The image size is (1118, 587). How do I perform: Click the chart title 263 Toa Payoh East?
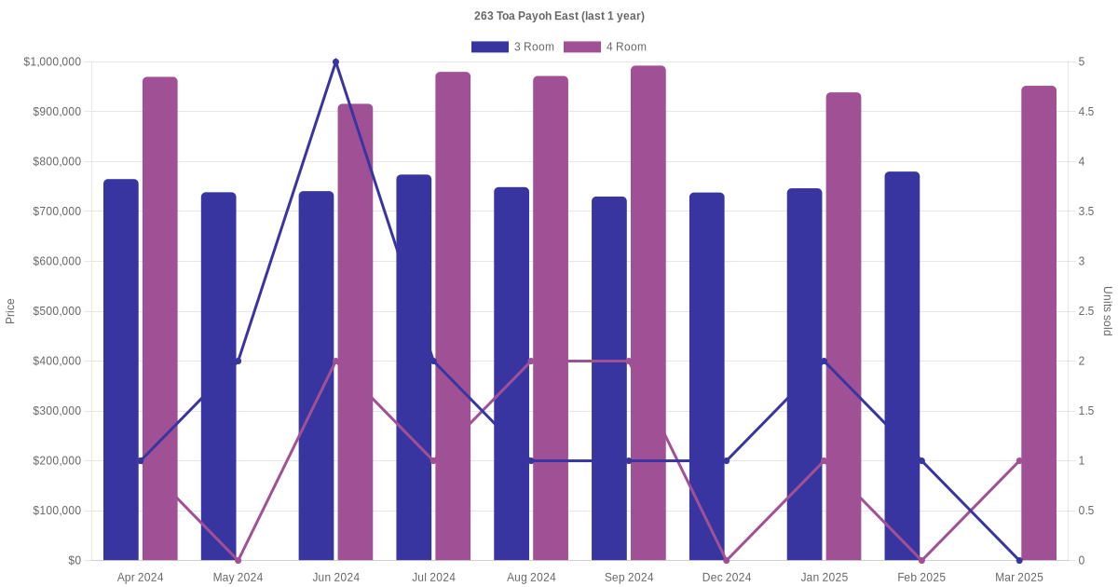coord(559,16)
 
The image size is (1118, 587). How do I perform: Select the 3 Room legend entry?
coord(512,47)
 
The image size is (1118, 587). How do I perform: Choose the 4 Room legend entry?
coord(605,47)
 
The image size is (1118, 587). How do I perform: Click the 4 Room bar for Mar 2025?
coord(1039,322)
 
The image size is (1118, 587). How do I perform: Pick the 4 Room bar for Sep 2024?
coord(648,312)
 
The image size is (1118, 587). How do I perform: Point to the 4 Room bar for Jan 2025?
coord(843,326)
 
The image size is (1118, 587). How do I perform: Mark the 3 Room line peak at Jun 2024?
coord(335,62)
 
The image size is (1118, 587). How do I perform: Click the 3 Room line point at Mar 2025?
coord(1019,560)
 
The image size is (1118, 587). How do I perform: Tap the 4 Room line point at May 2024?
coord(239,560)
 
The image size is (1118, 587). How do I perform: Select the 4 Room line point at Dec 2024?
coord(727,560)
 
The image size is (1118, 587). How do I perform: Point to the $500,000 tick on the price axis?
coord(57,311)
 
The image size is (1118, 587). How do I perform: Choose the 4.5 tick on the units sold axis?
coord(1085,112)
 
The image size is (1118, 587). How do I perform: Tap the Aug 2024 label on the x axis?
coord(531,578)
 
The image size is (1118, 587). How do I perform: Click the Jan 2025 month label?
coord(825,578)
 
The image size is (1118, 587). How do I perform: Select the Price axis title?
coord(10,311)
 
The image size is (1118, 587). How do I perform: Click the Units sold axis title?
coord(1108,311)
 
